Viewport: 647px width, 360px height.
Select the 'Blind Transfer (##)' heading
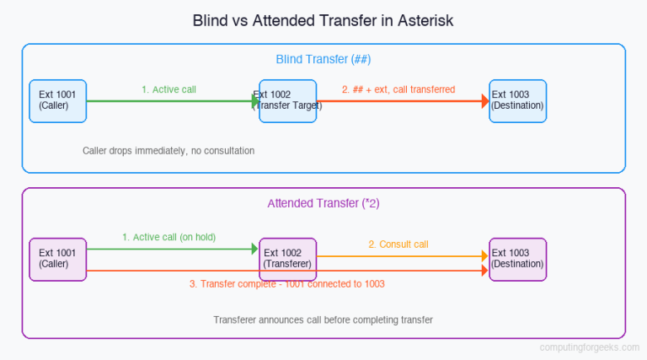click(x=323, y=59)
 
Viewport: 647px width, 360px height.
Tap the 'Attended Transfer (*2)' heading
click(x=323, y=203)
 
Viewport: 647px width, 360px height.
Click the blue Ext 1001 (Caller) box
click(x=57, y=100)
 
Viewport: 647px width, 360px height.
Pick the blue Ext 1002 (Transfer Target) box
click(x=287, y=100)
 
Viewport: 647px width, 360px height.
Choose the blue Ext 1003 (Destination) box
click(x=517, y=100)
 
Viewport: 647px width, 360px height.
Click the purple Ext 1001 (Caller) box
click(x=57, y=259)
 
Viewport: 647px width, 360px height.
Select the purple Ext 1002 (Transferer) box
click(x=287, y=259)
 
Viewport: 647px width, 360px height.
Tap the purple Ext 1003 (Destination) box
click(x=517, y=259)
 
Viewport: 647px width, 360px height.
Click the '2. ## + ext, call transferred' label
click(x=398, y=89)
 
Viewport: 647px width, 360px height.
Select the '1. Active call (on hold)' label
click(x=168, y=237)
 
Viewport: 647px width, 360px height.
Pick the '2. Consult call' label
click(x=398, y=244)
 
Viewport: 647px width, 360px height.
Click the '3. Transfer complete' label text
click(x=286, y=284)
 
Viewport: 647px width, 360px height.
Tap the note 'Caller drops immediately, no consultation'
click(x=168, y=150)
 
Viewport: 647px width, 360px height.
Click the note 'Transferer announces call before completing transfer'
click(x=323, y=320)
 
